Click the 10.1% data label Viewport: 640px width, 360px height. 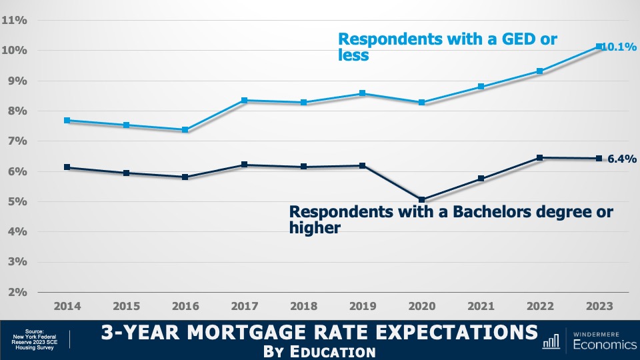click(x=618, y=47)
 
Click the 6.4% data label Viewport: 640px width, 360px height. click(x=621, y=159)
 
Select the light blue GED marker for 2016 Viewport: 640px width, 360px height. click(x=185, y=130)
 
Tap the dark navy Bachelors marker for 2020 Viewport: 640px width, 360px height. click(x=421, y=199)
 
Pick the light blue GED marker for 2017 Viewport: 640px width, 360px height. click(x=245, y=101)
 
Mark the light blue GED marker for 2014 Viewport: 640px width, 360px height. click(x=67, y=121)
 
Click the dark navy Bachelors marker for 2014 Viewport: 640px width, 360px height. click(x=67, y=167)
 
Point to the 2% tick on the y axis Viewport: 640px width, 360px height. click(x=17, y=292)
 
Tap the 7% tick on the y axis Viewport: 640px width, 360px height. click(x=17, y=141)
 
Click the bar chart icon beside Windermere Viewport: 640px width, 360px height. click(x=551, y=341)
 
